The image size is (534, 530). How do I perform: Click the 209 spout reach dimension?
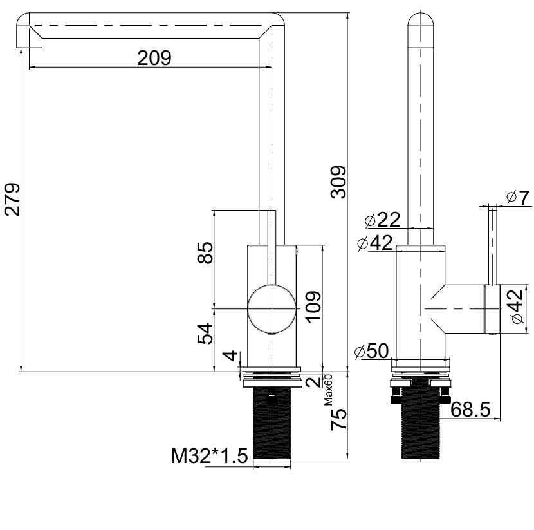(x=154, y=59)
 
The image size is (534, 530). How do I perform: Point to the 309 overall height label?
(x=339, y=182)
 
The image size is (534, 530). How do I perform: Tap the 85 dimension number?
(x=205, y=252)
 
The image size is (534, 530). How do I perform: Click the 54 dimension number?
(x=205, y=334)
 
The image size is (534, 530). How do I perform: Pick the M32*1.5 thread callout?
(x=209, y=457)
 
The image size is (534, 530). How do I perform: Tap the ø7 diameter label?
(x=518, y=198)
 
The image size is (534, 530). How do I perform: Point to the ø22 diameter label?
(x=382, y=220)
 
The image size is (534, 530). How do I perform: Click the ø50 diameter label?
(x=373, y=352)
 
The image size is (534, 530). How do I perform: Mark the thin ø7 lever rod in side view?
(x=493, y=245)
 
